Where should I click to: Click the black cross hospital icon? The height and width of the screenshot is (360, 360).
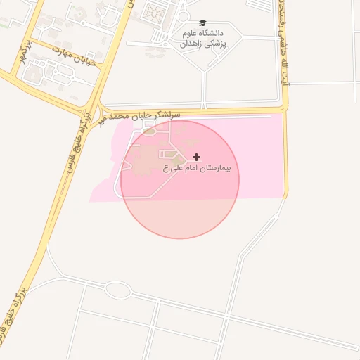point(195,156)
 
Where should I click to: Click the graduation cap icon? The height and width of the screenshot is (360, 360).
point(203,22)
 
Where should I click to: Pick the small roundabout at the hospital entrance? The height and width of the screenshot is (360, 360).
point(149,130)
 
